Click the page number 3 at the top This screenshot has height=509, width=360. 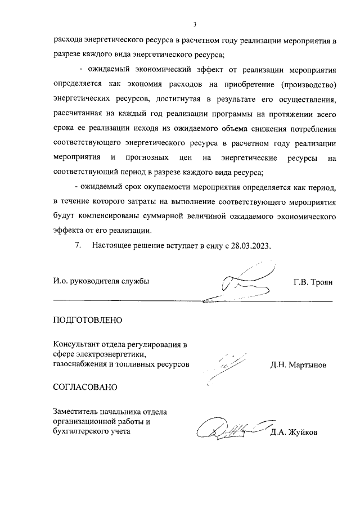pyautogui.click(x=194, y=24)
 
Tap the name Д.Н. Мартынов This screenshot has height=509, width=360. pyautogui.click(x=298, y=365)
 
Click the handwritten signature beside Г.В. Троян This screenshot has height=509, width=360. pyautogui.click(x=236, y=284)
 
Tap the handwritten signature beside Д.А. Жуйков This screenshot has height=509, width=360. pyautogui.click(x=231, y=430)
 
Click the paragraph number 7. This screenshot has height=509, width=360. pyautogui.click(x=79, y=246)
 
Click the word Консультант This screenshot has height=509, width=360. pyautogui.click(x=78, y=345)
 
